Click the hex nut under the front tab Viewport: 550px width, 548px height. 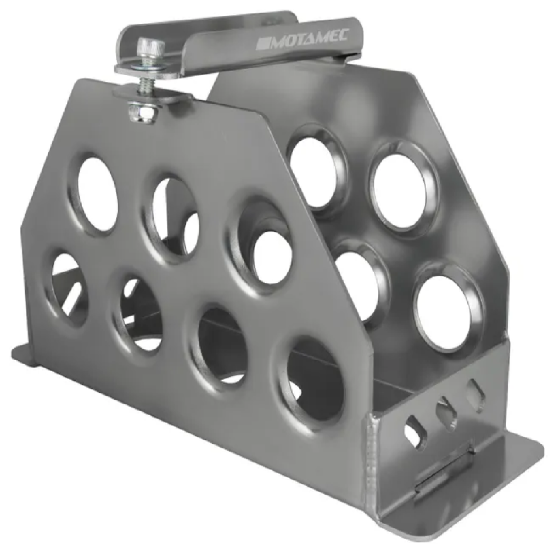(x=142, y=112)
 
